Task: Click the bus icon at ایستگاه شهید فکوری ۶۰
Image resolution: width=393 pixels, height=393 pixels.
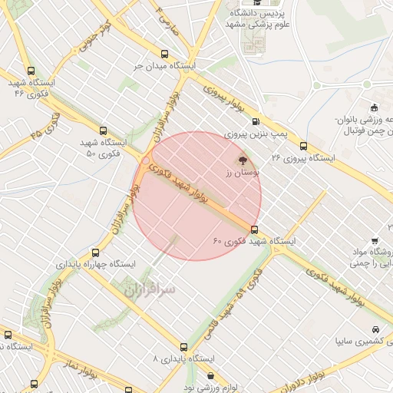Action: tap(254, 229)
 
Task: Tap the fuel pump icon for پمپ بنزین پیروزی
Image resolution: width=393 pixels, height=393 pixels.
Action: tap(254, 121)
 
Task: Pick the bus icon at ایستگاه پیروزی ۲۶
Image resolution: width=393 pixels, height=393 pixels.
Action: tap(304, 145)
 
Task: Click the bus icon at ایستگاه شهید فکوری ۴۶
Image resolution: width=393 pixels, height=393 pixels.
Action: tap(30, 69)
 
